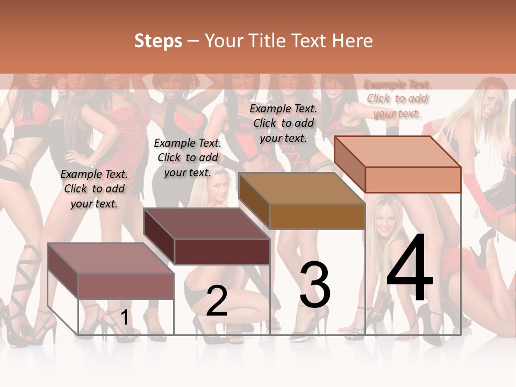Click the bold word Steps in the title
coord(158,41)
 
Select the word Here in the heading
coord(352,41)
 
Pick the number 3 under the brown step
coord(315,285)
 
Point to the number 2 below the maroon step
coord(217,301)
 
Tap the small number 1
coord(125,317)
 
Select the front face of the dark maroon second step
coord(222,252)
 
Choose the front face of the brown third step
coord(317,216)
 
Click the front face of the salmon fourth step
coord(413,180)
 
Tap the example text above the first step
coord(94,189)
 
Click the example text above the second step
coord(188,157)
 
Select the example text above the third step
coord(283,123)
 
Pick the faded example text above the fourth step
coord(397,98)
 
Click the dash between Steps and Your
coord(193,41)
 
